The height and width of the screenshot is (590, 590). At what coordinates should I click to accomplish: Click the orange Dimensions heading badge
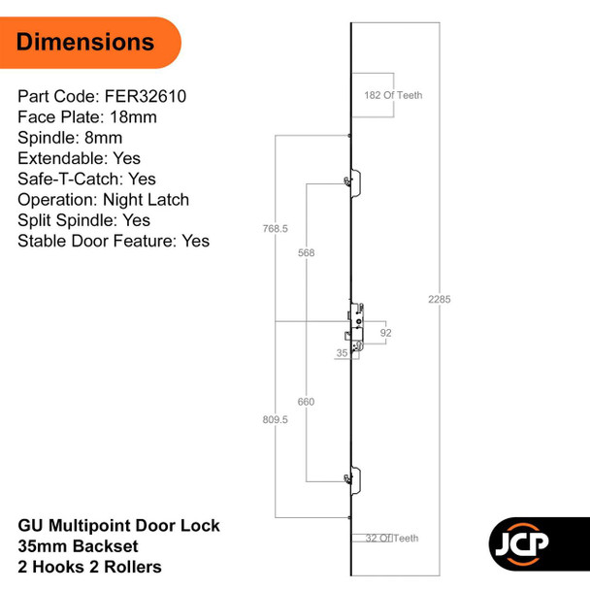[87, 42]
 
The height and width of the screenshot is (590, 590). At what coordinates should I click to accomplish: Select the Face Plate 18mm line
[87, 117]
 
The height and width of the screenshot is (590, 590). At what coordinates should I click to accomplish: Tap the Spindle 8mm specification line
[70, 138]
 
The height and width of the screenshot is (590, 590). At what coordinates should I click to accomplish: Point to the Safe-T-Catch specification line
[86, 179]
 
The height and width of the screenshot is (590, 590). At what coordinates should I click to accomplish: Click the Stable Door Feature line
[114, 240]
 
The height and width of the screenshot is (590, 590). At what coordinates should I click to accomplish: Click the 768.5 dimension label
[276, 229]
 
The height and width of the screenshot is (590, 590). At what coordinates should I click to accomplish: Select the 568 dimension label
[306, 252]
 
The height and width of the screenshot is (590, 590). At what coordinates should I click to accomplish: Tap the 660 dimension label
[306, 400]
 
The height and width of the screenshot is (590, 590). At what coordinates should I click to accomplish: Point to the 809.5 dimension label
[276, 421]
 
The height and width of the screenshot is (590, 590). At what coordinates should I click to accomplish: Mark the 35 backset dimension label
[342, 354]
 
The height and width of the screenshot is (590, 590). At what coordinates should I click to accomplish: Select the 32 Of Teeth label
[392, 538]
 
